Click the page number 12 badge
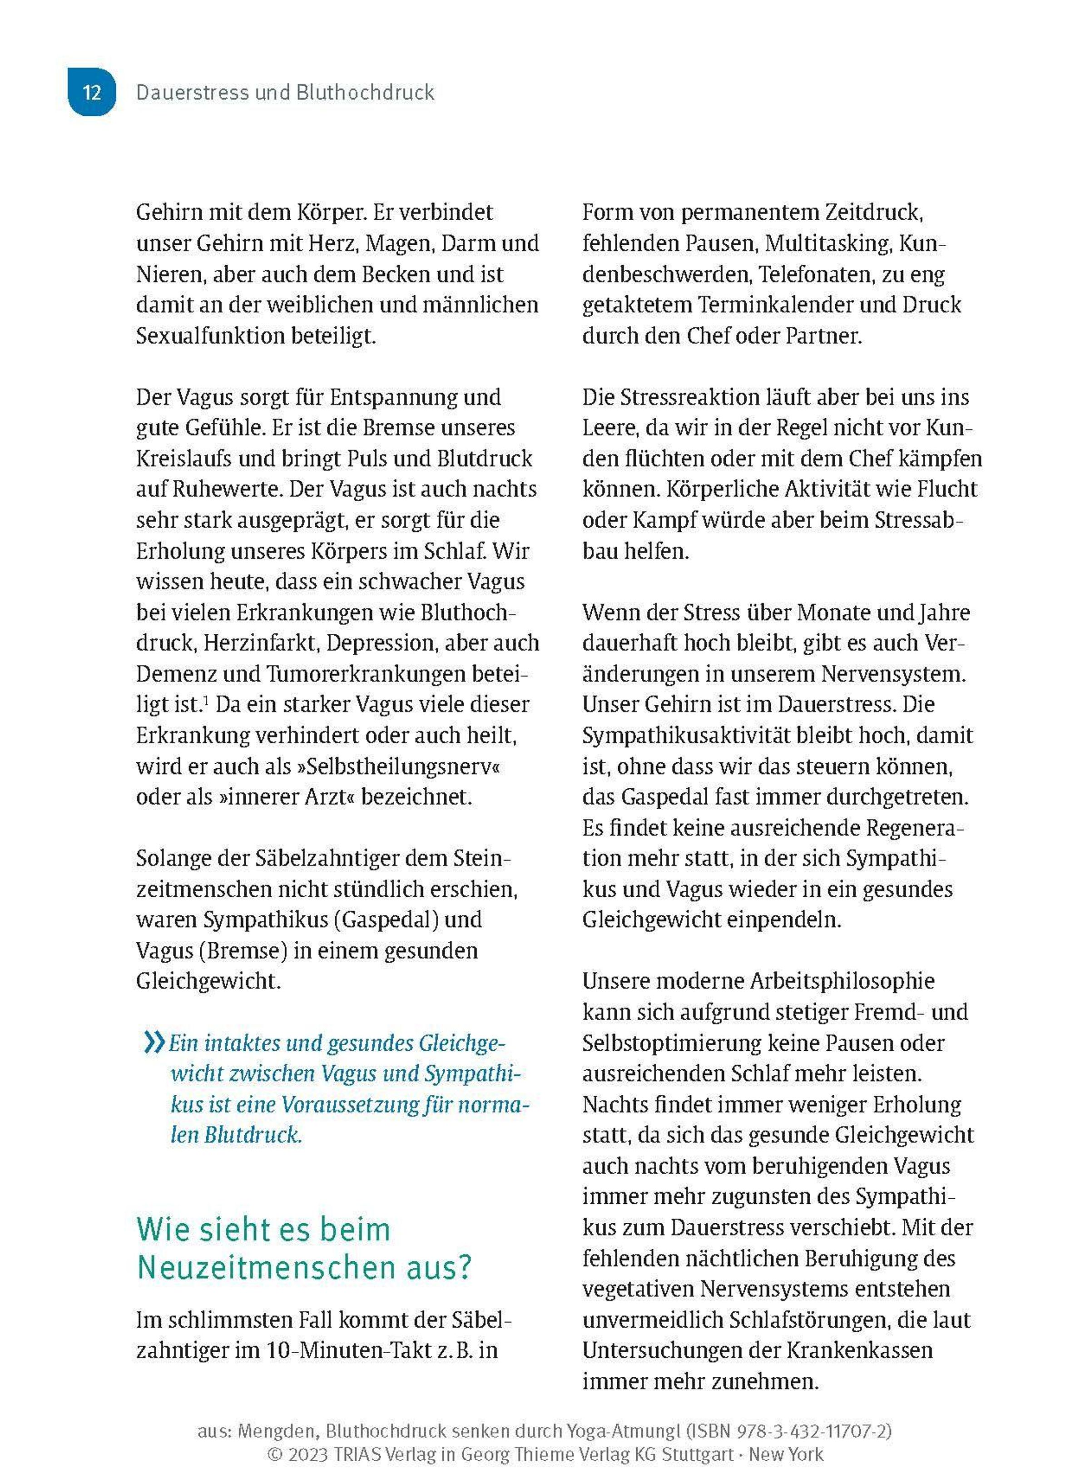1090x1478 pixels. coord(92,92)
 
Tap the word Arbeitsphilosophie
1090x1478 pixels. coord(842,981)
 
